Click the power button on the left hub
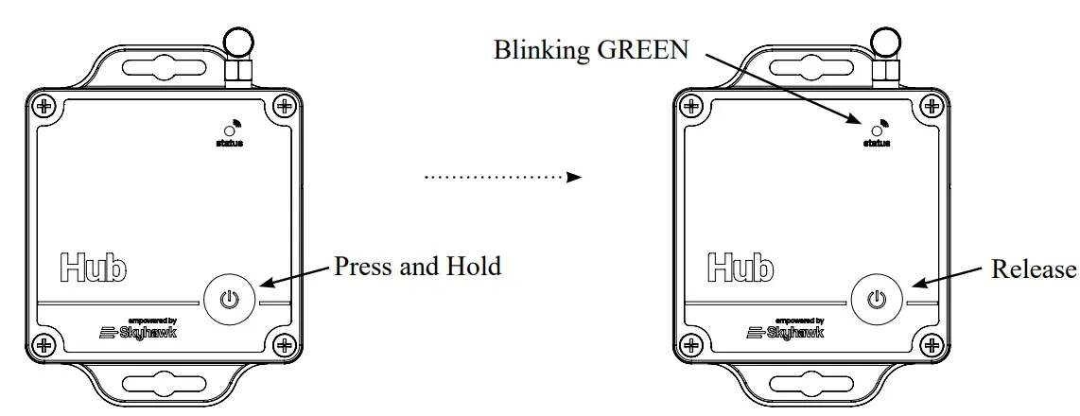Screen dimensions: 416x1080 (x=228, y=300)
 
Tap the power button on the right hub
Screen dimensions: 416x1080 (x=878, y=300)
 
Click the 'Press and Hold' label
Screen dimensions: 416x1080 (x=417, y=267)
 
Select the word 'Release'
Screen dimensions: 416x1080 (x=1033, y=269)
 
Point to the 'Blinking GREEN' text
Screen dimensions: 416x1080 (x=591, y=49)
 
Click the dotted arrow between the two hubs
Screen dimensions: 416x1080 (x=502, y=176)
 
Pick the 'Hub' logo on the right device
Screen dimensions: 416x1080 (x=740, y=268)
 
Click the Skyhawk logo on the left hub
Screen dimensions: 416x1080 (x=138, y=332)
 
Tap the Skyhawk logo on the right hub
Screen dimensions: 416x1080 (x=785, y=332)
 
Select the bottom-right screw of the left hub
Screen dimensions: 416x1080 (x=281, y=344)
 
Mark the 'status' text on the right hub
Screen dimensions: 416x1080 (x=877, y=144)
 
